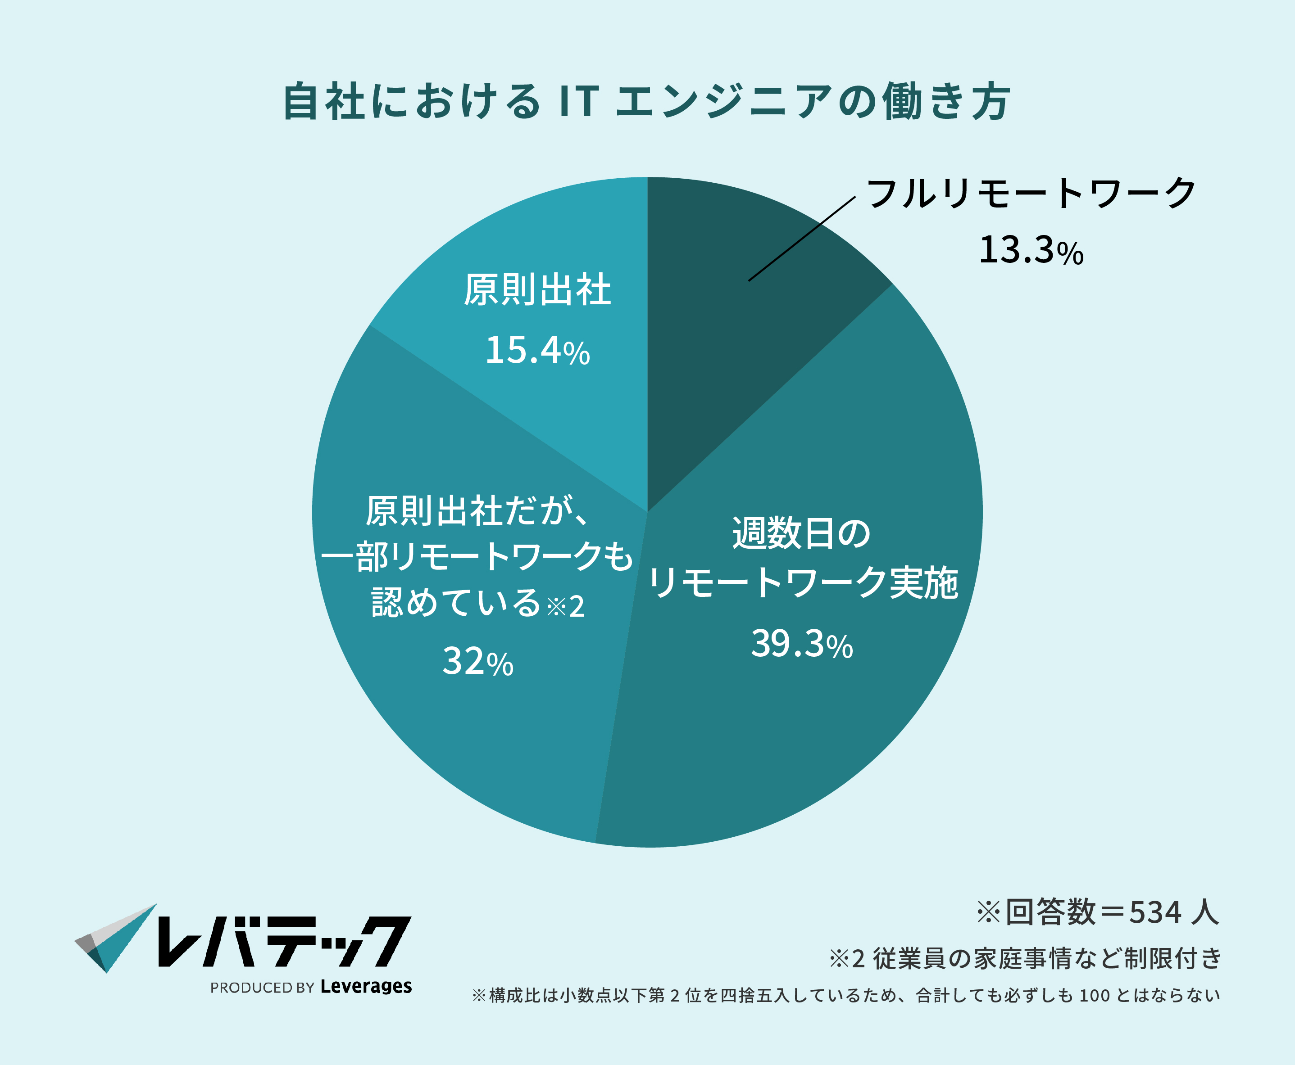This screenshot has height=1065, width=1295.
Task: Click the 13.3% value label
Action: click(1031, 251)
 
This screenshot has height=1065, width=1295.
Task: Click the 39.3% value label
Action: click(802, 644)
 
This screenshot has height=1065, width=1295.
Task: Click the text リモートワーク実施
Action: click(803, 583)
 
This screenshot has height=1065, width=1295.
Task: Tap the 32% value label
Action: click(477, 662)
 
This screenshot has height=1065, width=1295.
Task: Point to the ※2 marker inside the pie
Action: click(565, 607)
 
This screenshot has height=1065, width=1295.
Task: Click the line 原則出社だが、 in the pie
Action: click(477, 510)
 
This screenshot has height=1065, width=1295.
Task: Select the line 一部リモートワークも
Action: click(476, 557)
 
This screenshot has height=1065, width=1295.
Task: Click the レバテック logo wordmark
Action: click(284, 942)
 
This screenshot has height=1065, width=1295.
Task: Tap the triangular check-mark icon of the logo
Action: click(116, 938)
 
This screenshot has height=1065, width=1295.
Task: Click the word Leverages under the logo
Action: click(366, 987)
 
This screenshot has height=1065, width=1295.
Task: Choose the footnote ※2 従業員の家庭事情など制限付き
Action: click(1025, 958)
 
